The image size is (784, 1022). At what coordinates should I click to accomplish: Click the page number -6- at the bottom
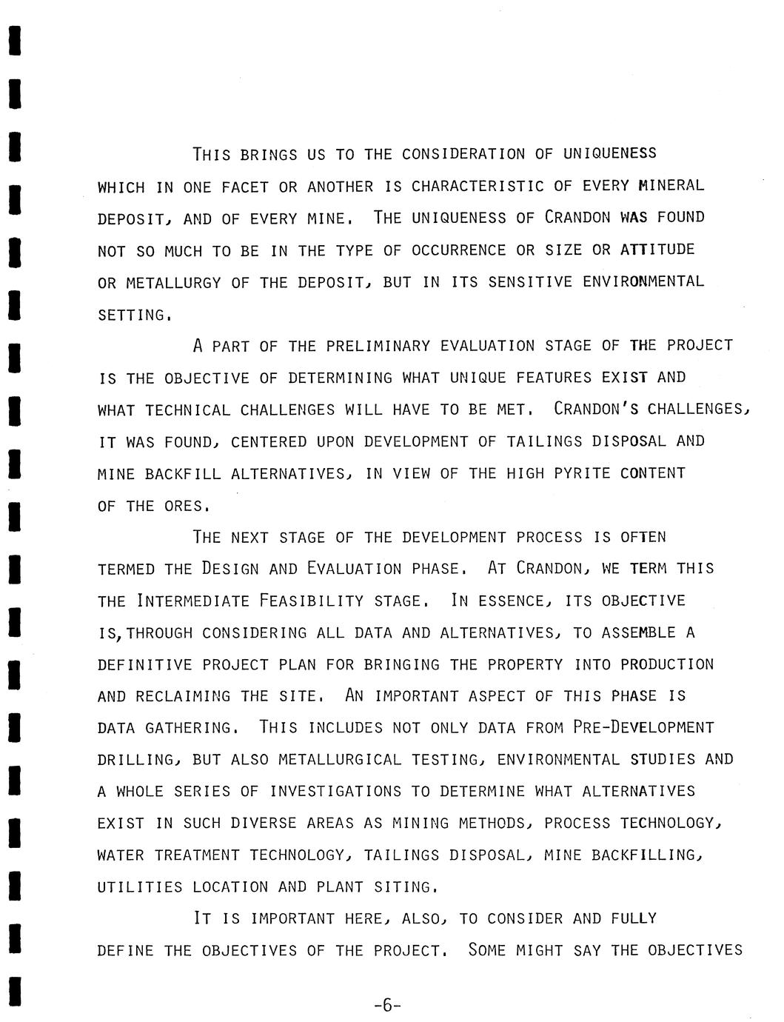coord(388,1005)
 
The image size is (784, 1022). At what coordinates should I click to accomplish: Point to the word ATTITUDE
coord(657,250)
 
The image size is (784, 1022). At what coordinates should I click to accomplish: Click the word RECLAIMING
coord(183,696)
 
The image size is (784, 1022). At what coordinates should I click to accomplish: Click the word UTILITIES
coord(140,886)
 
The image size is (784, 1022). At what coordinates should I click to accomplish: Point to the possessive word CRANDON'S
coord(600,410)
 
